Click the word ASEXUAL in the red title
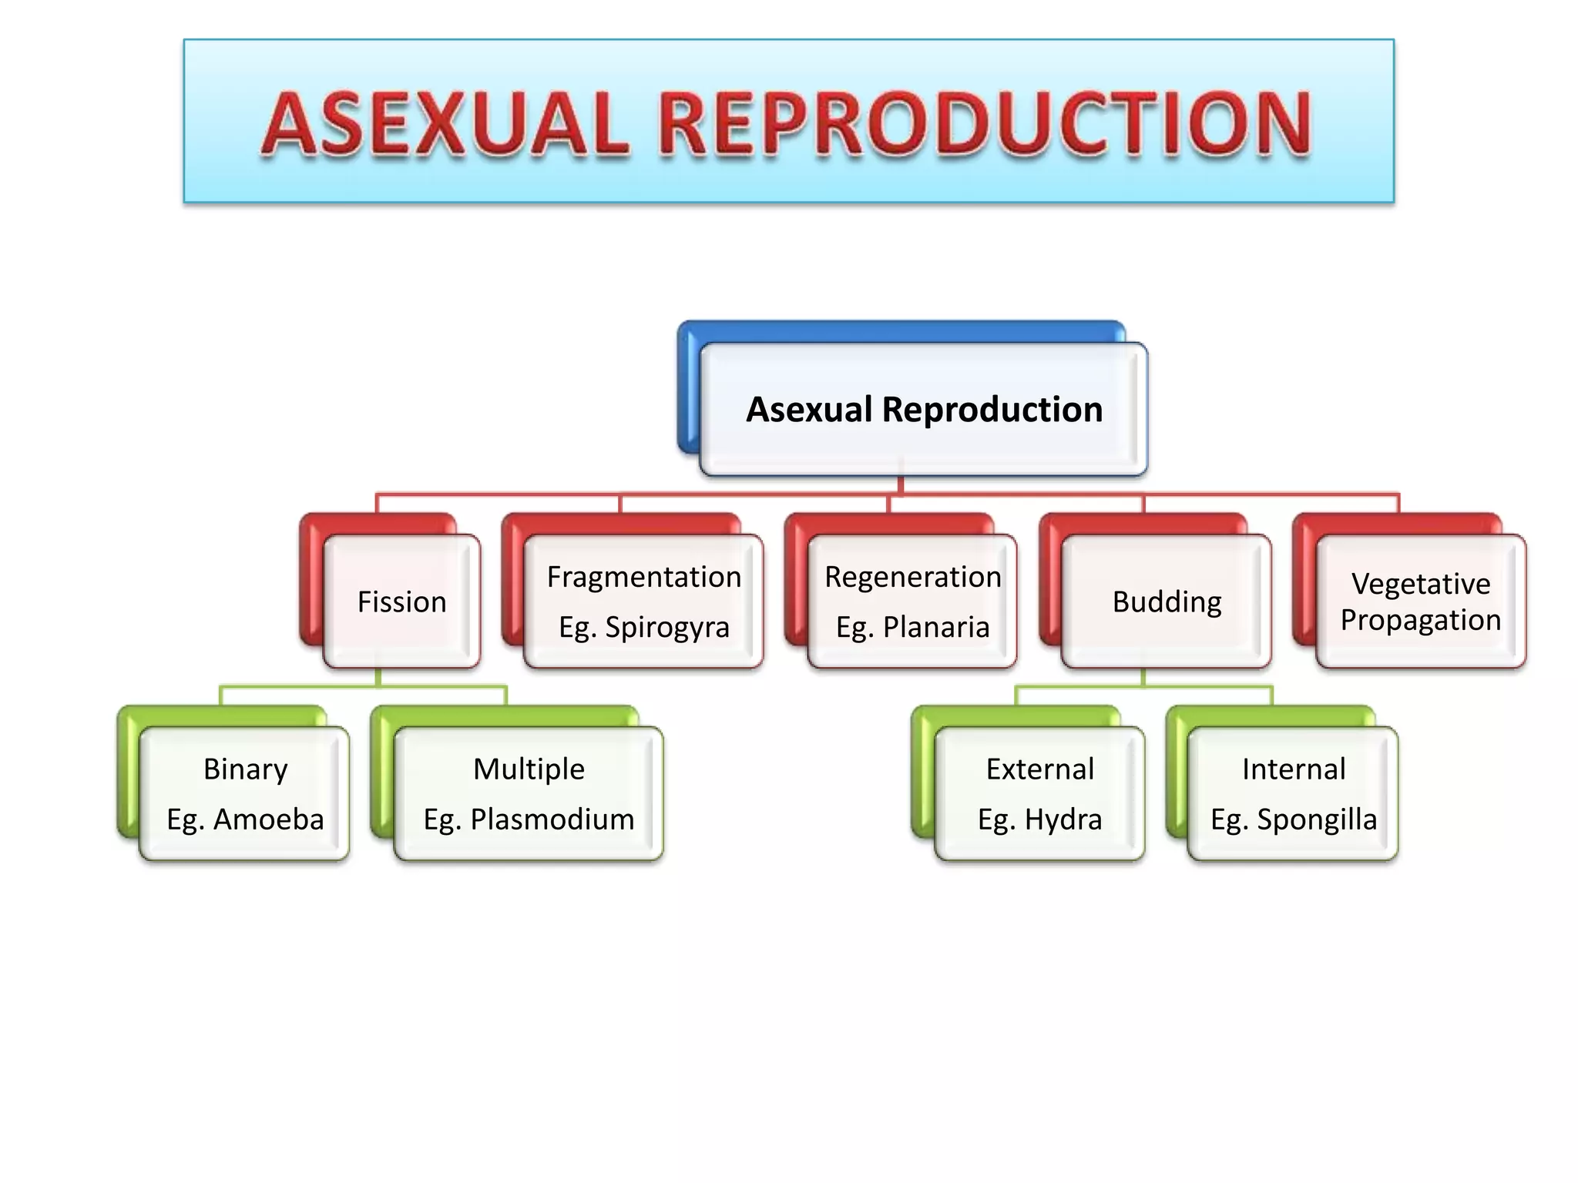tap(445, 123)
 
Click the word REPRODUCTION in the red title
tap(984, 123)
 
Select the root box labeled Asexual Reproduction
tap(924, 409)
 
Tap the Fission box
tap(401, 602)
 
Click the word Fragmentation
tap(643, 577)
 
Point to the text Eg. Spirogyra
tap(643, 627)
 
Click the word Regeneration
tap(912, 577)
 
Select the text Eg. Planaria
tap(912, 627)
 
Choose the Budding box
tap(1167, 602)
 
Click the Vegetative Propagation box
tap(1421, 602)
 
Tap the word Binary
tap(245, 769)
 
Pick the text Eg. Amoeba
tap(245, 819)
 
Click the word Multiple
tap(529, 769)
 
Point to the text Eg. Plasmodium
tap(529, 819)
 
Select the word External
tap(1039, 769)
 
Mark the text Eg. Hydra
tap(1039, 819)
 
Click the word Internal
tap(1294, 769)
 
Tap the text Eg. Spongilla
tap(1294, 819)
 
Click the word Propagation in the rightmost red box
tap(1421, 620)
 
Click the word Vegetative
tap(1421, 584)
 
